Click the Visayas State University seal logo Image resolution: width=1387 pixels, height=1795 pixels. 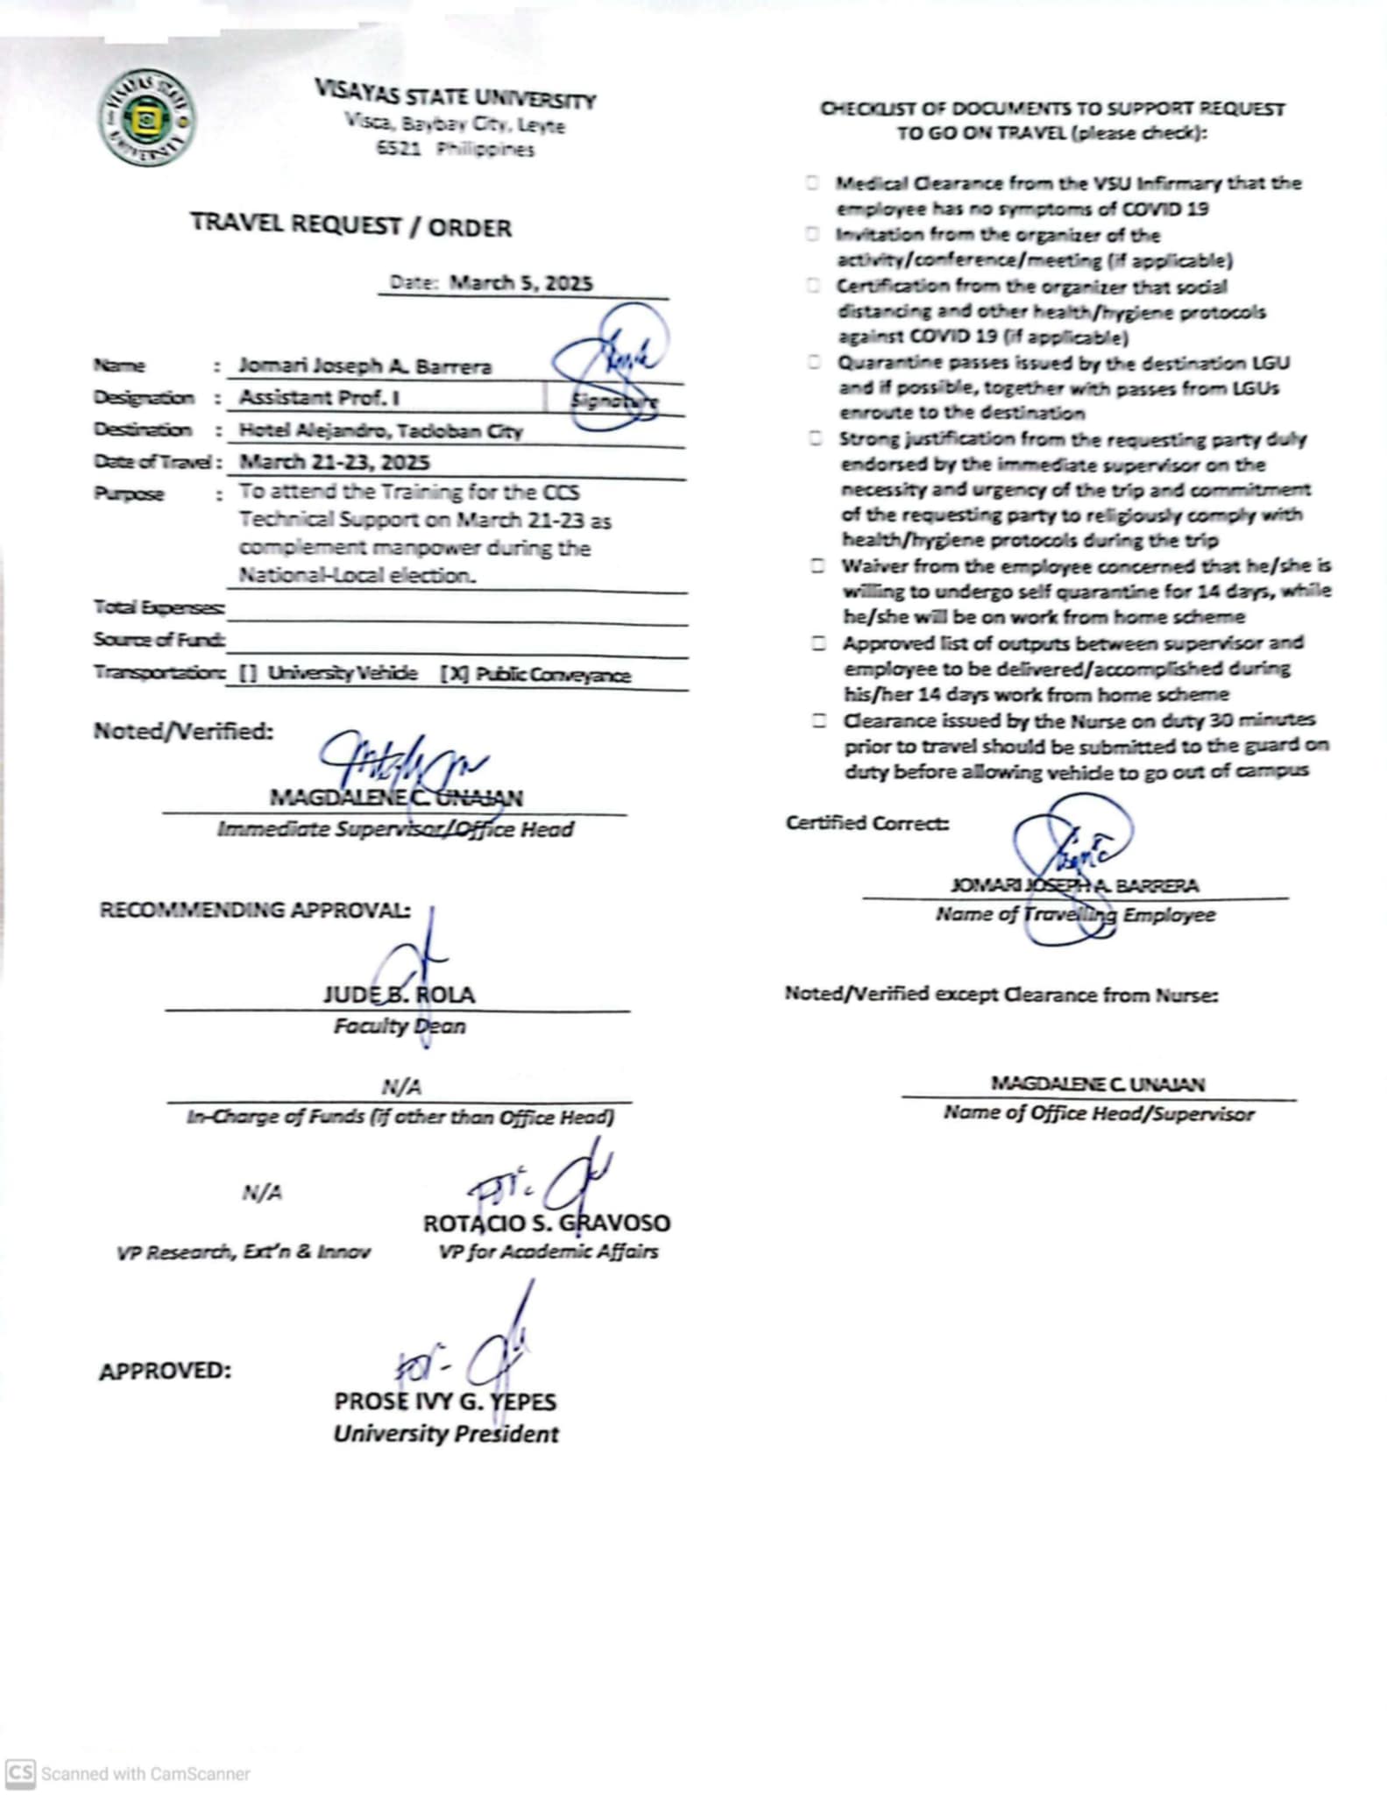[147, 119]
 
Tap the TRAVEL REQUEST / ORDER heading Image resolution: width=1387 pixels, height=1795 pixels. [350, 225]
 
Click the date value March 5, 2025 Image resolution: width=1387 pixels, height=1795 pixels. [520, 283]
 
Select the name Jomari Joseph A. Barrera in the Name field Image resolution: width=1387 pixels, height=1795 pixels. [364, 366]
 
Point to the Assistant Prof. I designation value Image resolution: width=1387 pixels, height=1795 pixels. [320, 398]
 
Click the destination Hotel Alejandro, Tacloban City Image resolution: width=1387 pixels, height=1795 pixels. [380, 430]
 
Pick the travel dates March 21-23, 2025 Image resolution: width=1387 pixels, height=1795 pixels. [335, 462]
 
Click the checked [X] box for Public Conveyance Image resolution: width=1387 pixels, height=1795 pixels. [454, 674]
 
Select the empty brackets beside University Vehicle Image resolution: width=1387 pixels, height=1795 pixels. [248, 673]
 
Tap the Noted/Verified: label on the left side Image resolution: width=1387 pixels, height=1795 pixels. [183, 731]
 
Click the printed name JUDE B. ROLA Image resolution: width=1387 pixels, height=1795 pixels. [399, 995]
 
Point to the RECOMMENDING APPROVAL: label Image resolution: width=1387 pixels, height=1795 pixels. [254, 910]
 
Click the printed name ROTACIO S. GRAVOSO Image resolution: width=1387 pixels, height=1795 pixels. [546, 1223]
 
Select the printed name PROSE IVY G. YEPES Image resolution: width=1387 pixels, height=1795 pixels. [444, 1401]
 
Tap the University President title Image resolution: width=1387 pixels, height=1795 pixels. [445, 1434]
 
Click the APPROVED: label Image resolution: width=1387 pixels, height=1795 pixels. [165, 1371]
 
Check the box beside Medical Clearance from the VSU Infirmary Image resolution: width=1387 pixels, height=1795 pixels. [813, 183]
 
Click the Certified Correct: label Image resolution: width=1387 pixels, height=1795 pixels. [867, 823]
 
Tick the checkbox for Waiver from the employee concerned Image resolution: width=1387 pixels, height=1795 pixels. [817, 566]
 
